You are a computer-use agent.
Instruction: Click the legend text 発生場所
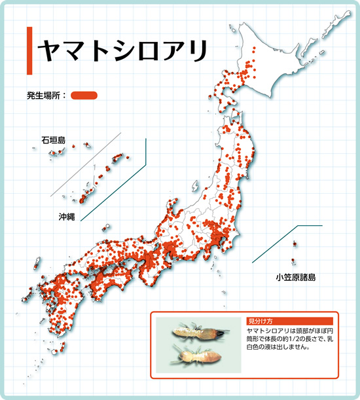point(47,96)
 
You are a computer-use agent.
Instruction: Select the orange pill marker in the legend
point(84,96)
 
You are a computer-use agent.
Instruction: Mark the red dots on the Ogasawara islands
point(295,245)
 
